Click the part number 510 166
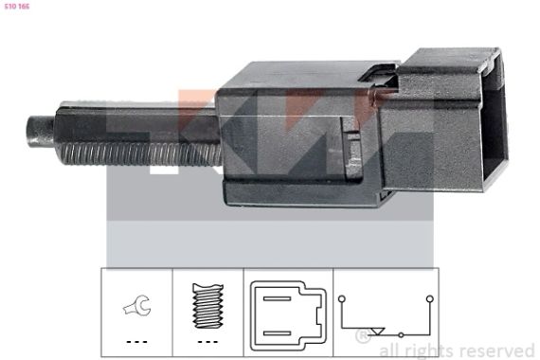point(17,7)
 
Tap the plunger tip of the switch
point(40,132)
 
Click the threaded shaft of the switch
point(141,153)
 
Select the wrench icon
point(137,305)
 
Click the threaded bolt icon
point(207,306)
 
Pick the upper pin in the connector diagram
point(277,298)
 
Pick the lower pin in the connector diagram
point(277,333)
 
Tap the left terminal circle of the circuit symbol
point(341,298)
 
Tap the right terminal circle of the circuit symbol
point(429,298)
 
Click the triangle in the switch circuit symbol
point(378,331)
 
